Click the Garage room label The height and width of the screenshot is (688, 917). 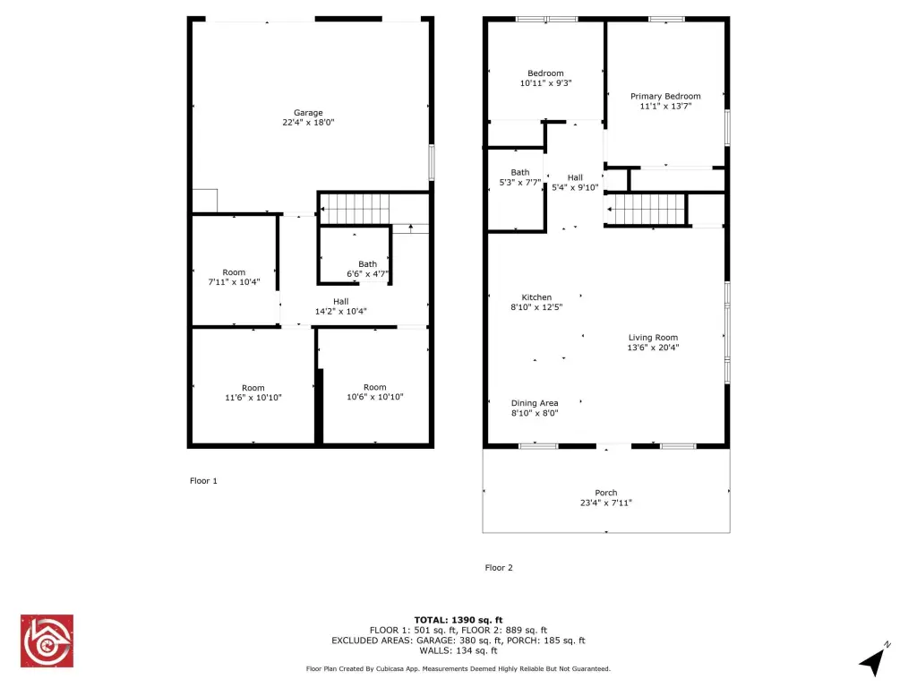(308, 112)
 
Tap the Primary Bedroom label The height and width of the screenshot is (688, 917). (665, 96)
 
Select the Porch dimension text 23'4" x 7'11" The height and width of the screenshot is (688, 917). (606, 503)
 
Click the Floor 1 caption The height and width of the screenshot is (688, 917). (203, 481)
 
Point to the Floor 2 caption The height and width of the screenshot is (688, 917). (499, 567)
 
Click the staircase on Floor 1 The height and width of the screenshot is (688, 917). (355, 209)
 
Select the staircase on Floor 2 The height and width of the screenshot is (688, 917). (646, 210)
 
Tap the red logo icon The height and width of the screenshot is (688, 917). (47, 641)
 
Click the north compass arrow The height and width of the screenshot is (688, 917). (874, 660)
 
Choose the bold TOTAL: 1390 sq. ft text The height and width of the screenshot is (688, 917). (458, 620)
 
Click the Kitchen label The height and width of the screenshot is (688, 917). (536, 297)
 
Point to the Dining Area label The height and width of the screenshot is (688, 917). (535, 403)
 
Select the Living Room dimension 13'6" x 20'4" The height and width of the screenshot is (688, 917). (653, 348)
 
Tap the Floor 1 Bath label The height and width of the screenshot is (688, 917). (367, 264)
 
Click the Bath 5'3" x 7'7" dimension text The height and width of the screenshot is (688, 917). (520, 183)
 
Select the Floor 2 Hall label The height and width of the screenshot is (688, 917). (575, 177)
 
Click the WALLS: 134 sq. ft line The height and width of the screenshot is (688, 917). (458, 650)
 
